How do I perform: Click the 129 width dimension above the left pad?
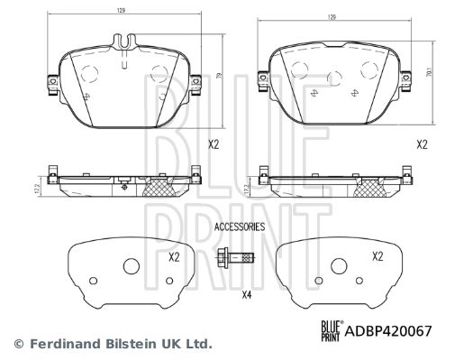tap(121, 10)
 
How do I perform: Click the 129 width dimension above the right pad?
tap(332, 17)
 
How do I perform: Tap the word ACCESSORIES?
tap(240, 227)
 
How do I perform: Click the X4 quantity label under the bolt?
tap(247, 295)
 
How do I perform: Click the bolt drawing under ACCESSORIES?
tap(235, 258)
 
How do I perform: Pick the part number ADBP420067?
tap(388, 331)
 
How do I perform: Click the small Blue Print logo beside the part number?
tap(332, 331)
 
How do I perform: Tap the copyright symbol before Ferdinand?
tap(19, 344)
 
